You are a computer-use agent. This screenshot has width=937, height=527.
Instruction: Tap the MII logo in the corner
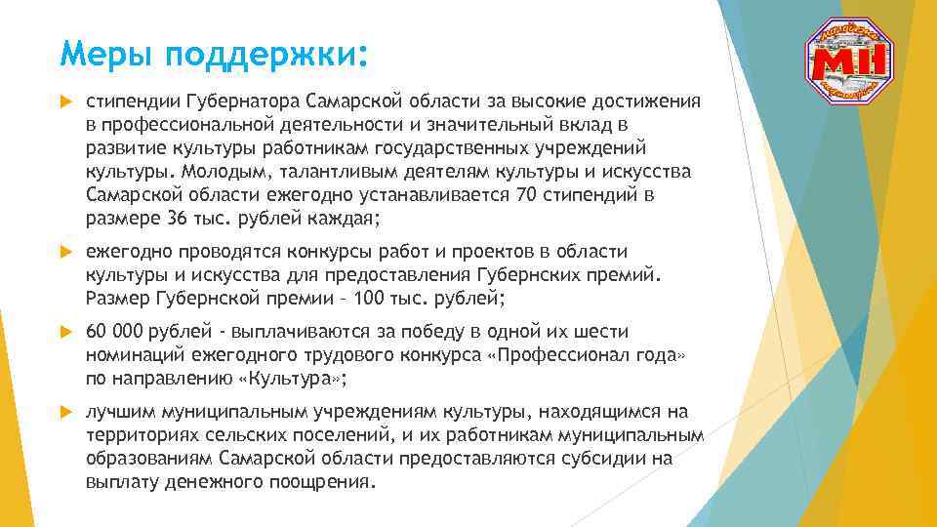(x=848, y=62)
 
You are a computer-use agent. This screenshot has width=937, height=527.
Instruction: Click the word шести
(x=603, y=333)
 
